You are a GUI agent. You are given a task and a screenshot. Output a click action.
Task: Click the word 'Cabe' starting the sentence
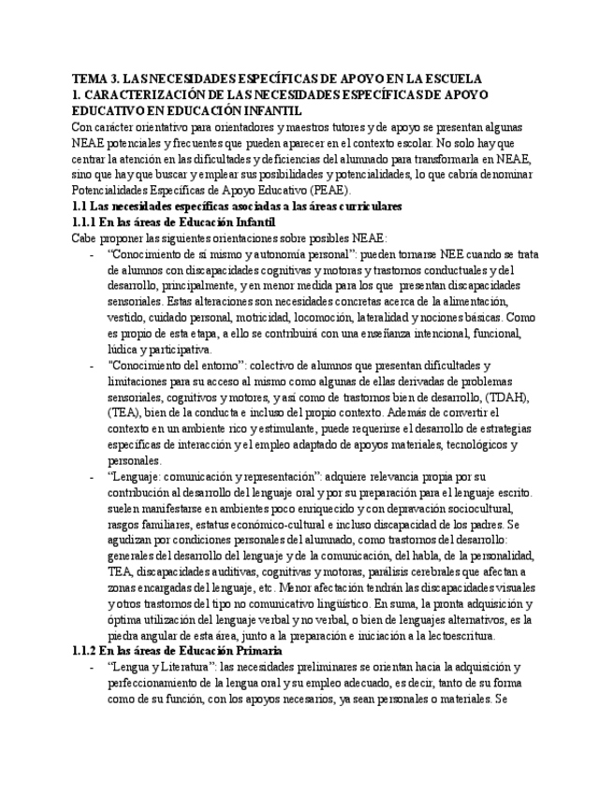[x=84, y=238]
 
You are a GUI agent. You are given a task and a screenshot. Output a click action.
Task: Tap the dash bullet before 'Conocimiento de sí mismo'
[x=91, y=254]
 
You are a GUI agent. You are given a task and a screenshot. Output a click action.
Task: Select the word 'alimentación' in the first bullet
[x=467, y=301]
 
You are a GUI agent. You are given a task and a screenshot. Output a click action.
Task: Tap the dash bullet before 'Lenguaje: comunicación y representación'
[x=91, y=476]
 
